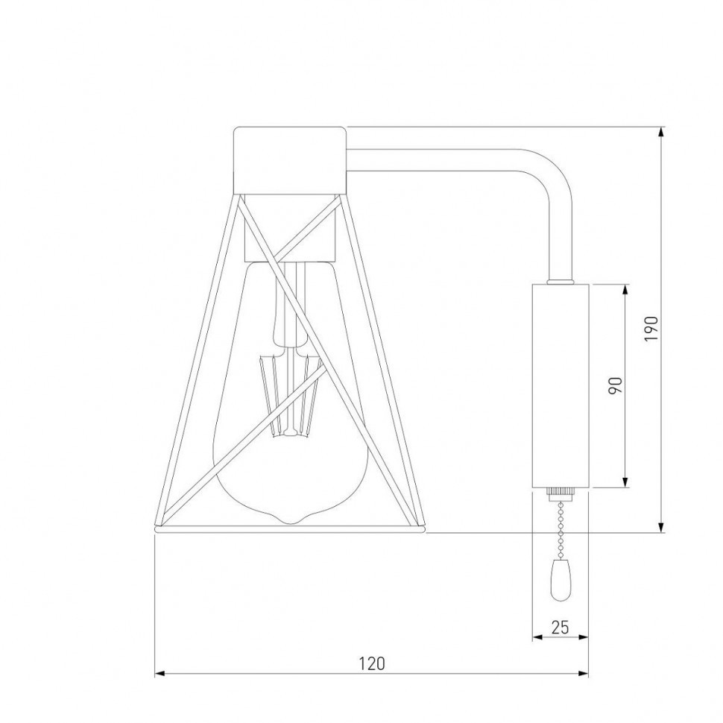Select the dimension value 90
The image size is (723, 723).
point(615,385)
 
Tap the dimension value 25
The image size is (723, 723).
point(560,627)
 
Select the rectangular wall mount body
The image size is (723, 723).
point(561,385)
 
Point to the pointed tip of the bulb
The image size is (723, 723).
point(291,520)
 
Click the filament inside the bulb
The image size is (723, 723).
point(291,395)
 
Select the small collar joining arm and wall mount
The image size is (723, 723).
point(561,282)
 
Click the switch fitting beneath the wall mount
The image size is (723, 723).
point(560,493)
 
